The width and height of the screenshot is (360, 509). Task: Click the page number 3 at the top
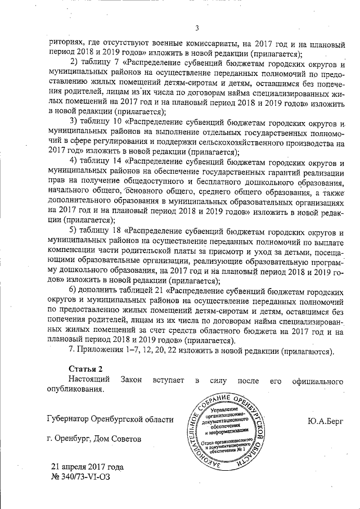click(x=197, y=28)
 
